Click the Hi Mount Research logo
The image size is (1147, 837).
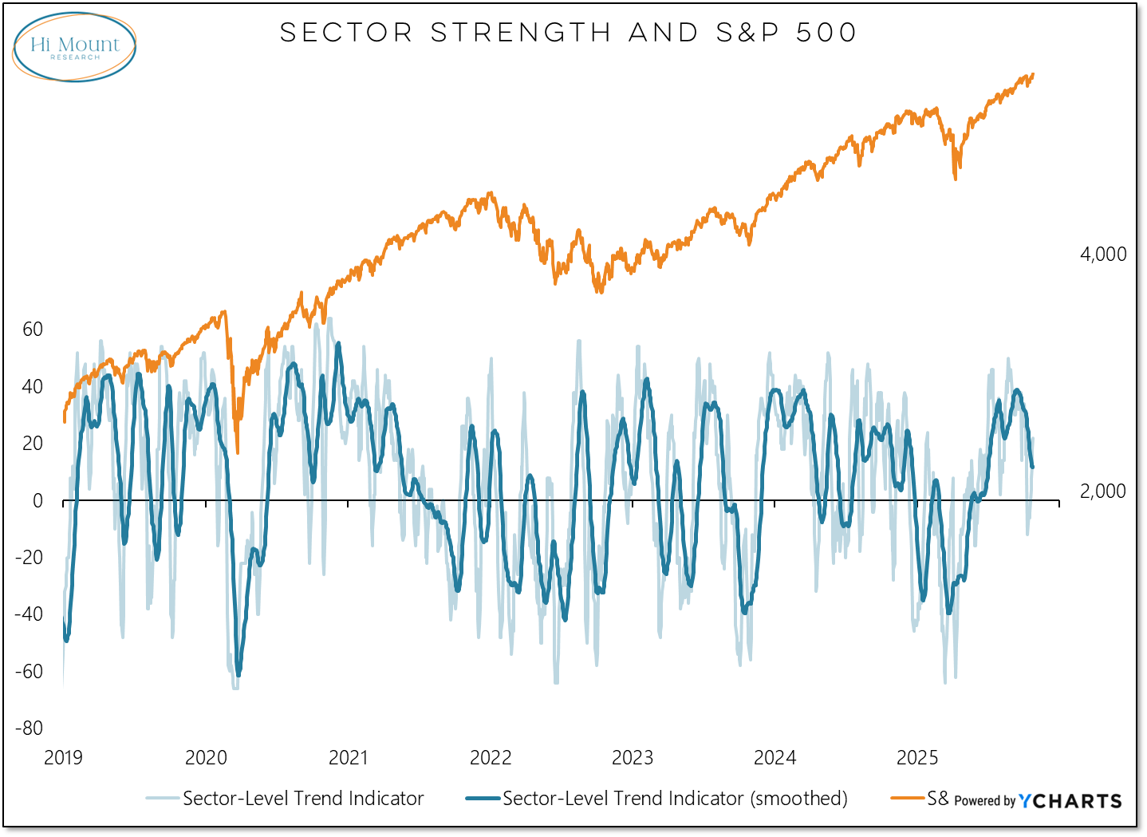[74, 47]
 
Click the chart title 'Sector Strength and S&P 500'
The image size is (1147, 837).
[568, 33]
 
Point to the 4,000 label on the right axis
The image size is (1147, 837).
[1103, 255]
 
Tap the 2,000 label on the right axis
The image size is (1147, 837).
[1103, 492]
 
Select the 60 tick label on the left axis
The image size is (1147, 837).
[33, 330]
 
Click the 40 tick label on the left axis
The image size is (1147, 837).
[33, 387]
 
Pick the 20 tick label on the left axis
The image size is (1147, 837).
[33, 444]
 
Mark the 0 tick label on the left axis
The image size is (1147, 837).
[37, 501]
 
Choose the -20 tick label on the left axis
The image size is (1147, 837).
[30, 557]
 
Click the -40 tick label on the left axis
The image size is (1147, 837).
[30, 614]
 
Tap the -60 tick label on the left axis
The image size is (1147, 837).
[30, 671]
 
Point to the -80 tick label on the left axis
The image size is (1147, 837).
[30, 728]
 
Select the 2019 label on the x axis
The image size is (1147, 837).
[63, 757]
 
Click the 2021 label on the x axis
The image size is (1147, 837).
[349, 757]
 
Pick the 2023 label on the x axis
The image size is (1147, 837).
[633, 757]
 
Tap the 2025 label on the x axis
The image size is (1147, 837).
[917, 757]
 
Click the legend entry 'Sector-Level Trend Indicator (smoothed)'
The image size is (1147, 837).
[675, 799]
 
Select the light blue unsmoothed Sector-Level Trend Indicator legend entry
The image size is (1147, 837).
[303, 799]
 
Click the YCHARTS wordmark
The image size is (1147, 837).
[1070, 801]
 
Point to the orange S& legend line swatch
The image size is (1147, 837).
[908, 798]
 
